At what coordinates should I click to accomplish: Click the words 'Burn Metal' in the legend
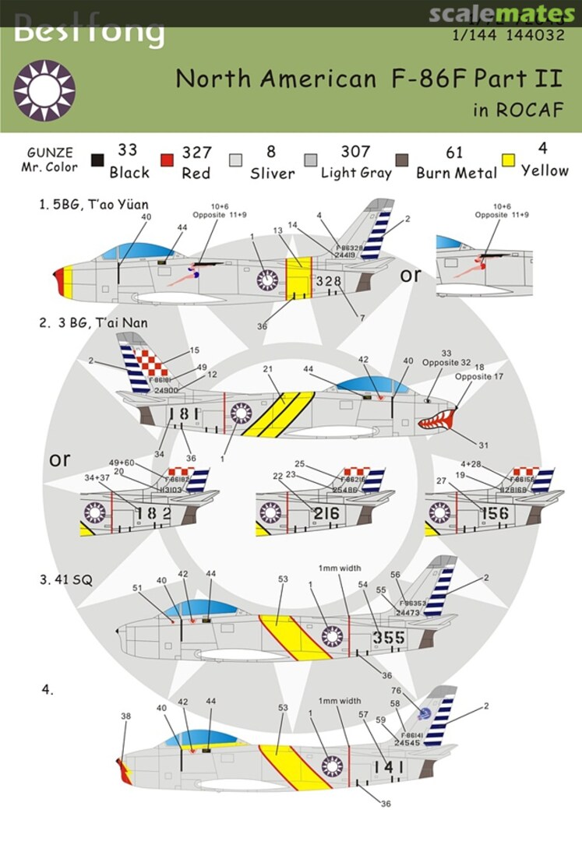456,173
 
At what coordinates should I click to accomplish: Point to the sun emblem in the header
44,91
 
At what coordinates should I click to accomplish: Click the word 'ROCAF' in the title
530,110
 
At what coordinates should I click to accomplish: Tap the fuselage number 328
329,281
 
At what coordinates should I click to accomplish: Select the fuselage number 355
389,638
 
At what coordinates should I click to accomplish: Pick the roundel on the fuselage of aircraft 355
333,636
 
